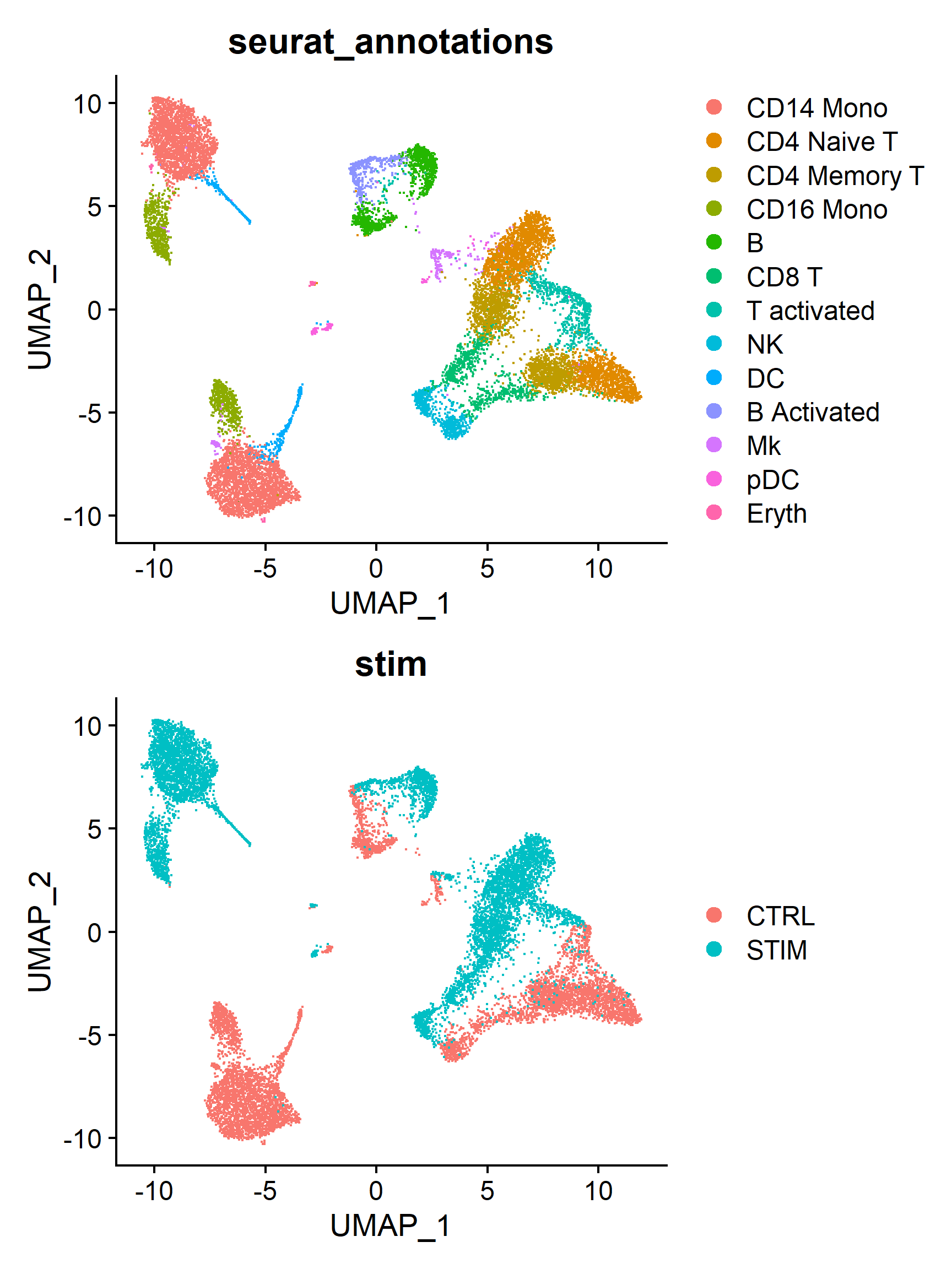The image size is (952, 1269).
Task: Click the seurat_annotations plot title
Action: tap(390, 42)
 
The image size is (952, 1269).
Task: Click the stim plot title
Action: tap(390, 664)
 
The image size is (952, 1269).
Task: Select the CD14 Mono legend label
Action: tap(816, 108)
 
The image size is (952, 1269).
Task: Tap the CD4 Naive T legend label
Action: tap(821, 142)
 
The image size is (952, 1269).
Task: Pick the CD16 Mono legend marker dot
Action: tap(714, 209)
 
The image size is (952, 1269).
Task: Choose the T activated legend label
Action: tap(810, 311)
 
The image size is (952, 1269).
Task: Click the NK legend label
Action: tap(764, 345)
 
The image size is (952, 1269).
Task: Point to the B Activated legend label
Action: tap(813, 412)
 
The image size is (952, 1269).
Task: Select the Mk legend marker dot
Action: tap(714, 445)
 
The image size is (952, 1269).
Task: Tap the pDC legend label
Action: tap(772, 480)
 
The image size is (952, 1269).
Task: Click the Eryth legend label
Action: tap(776, 513)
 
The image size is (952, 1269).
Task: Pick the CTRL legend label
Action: tap(780, 916)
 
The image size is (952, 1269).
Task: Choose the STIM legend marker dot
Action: tap(714, 950)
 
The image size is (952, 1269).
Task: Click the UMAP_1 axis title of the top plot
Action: tap(390, 604)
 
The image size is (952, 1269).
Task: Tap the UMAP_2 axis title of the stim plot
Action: tap(40, 931)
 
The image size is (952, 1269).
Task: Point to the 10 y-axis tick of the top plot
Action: tap(86, 105)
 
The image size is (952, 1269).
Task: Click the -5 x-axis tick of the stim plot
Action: tap(264, 1191)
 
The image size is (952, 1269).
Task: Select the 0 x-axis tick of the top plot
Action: tap(376, 568)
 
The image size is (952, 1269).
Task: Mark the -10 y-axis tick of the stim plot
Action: tap(82, 1139)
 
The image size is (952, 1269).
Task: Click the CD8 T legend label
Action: tap(784, 277)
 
